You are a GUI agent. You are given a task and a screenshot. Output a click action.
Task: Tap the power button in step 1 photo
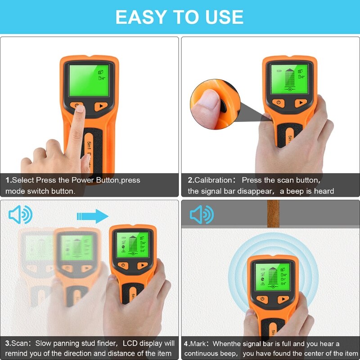pyautogui.click(x=78, y=107)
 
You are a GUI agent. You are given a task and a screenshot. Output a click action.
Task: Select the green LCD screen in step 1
pyautogui.click(x=89, y=80)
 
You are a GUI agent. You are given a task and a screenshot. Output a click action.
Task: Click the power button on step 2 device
pyautogui.click(x=278, y=103)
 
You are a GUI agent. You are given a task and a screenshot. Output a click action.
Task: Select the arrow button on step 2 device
pyautogui.click(x=301, y=103)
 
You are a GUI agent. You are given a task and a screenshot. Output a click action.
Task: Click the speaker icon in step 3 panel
pyautogui.click(x=20, y=215)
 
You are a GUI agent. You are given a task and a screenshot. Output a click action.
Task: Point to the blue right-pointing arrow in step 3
pyautogui.click(x=93, y=216)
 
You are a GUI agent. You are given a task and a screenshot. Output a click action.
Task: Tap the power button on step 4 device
pyautogui.click(x=261, y=299)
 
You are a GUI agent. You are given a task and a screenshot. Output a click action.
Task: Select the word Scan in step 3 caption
pyautogui.click(x=22, y=343)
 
